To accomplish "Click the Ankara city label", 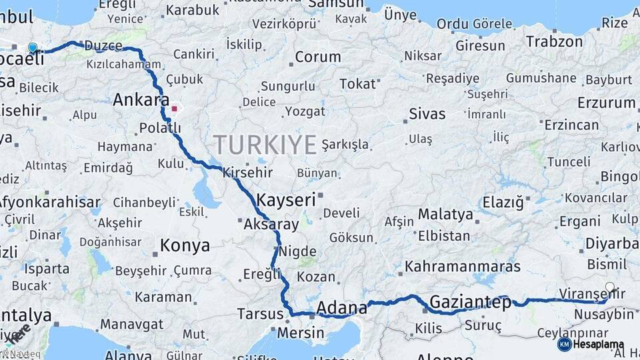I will point(141,100).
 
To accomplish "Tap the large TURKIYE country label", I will point(265,144).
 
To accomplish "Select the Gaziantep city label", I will point(471,302).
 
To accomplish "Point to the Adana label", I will point(342,308).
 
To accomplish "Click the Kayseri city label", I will point(286,200).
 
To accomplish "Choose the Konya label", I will point(185,245).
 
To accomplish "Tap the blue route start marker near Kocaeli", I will point(33,47).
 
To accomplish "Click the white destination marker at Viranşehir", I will point(609,287).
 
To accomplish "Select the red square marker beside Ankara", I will point(175,108).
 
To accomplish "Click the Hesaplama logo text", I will point(597,345).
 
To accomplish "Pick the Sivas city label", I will point(427,113).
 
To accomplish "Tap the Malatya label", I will point(445,215).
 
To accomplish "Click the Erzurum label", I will point(606,103).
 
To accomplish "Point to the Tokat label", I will point(358,84).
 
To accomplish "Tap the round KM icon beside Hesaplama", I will point(564,345).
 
